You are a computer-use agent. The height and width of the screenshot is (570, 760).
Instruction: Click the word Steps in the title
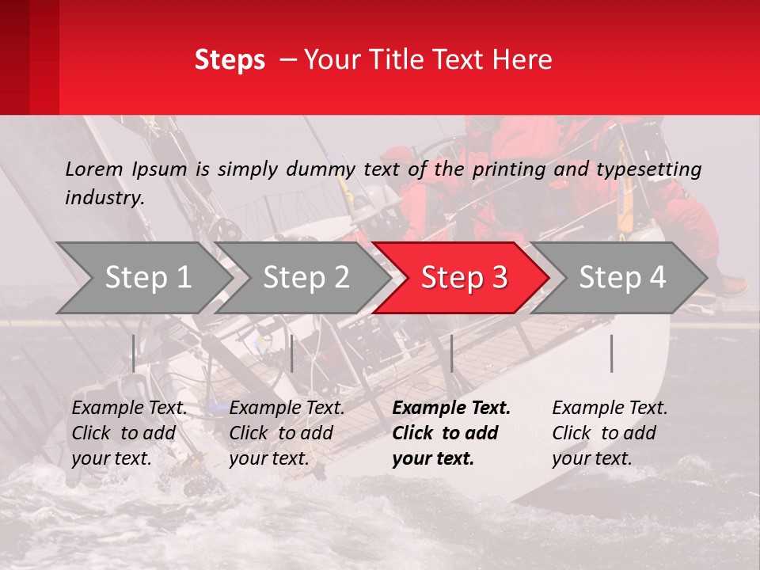[x=230, y=60]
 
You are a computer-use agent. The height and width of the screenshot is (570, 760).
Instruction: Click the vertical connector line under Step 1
[x=134, y=353]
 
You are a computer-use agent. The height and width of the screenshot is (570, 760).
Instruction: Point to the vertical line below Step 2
[x=292, y=353]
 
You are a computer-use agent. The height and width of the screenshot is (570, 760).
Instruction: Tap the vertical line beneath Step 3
[x=451, y=353]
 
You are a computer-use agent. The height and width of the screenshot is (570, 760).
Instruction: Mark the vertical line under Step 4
[x=612, y=353]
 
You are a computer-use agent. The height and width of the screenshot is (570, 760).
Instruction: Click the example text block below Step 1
[x=129, y=433]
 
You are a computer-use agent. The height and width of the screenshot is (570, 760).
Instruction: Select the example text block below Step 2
[x=287, y=433]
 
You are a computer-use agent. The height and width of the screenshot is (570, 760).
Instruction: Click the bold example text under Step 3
[x=451, y=433]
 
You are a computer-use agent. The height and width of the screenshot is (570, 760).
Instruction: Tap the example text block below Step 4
[x=610, y=433]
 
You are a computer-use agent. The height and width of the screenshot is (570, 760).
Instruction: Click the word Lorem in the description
[x=93, y=169]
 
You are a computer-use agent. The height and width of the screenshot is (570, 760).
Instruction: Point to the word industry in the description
[x=104, y=198]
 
